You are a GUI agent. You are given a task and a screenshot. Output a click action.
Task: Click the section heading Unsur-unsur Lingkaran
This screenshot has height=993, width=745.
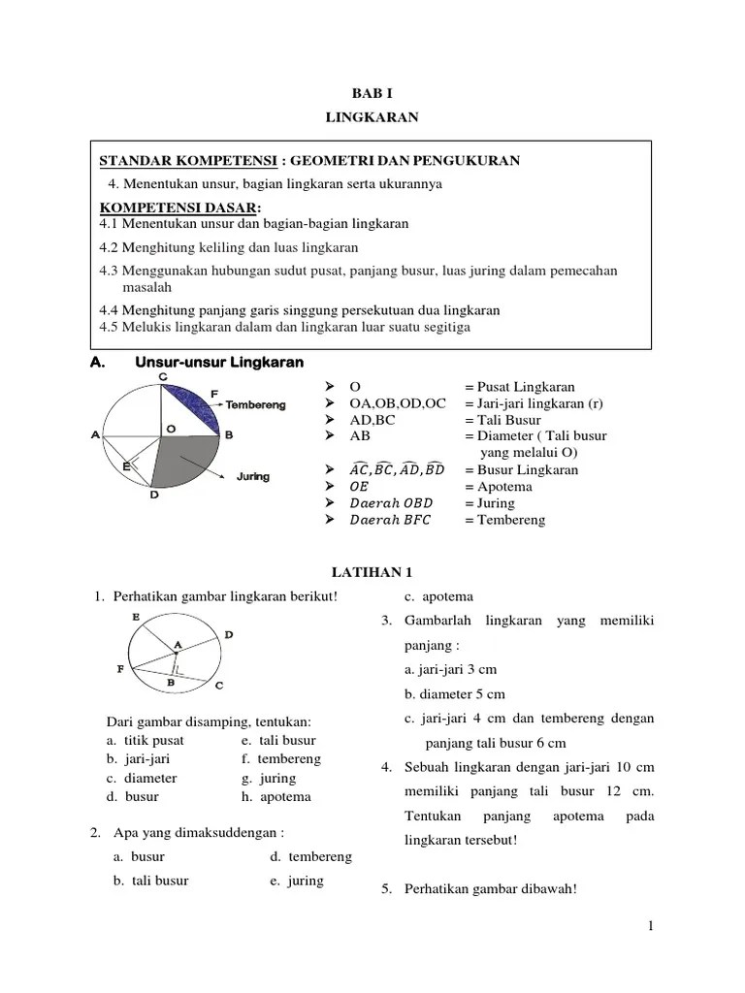point(218,363)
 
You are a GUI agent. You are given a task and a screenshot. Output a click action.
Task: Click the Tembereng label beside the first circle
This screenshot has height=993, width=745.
point(255,404)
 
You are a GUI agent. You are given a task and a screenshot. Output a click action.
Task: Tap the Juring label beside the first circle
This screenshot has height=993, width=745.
point(252,476)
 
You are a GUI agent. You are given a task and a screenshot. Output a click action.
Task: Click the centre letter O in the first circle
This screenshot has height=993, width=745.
point(170,428)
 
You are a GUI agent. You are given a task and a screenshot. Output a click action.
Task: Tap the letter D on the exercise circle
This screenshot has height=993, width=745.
point(228,634)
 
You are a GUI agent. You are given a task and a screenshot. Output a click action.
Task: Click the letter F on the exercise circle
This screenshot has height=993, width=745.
point(119,669)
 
